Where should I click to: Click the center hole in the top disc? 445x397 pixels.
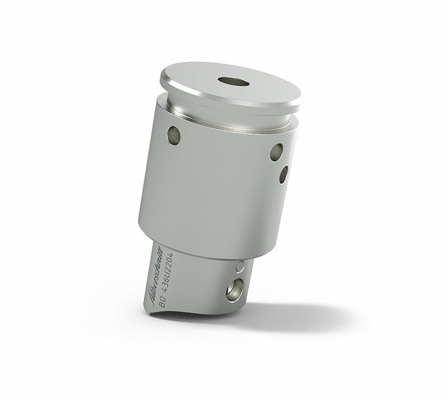pos(233,80)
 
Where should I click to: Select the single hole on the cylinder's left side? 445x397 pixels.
pos(174,135)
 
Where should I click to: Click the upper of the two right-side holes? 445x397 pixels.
pos(276,152)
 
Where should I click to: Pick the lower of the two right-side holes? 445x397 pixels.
pos(283,174)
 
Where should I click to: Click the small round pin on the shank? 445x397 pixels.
pos(239,266)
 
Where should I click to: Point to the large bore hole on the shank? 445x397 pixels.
pos(235,289)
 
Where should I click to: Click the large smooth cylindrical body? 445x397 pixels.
pos(215,186)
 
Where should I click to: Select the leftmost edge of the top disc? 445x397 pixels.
pos(160,76)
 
